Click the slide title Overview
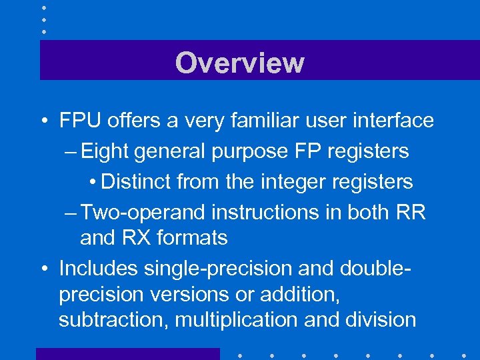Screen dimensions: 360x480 click(x=239, y=63)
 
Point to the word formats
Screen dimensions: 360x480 click(x=195, y=237)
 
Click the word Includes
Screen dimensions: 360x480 click(x=98, y=268)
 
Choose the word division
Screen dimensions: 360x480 click(x=379, y=319)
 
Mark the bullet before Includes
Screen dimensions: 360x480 click(x=43, y=269)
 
